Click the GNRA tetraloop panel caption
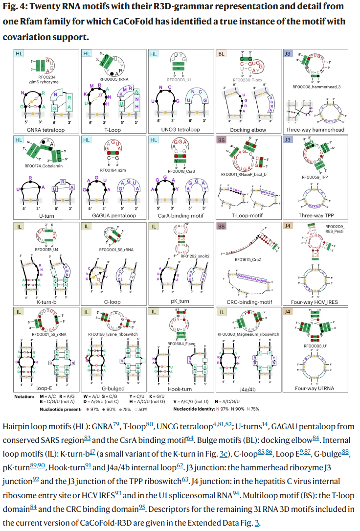coord(46,130)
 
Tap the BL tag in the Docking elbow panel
coord(222,54)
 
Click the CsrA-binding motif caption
coord(180,216)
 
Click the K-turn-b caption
coord(47,302)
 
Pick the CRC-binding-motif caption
coord(247,302)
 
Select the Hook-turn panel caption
coord(180,387)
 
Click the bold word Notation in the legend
coord(24,396)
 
